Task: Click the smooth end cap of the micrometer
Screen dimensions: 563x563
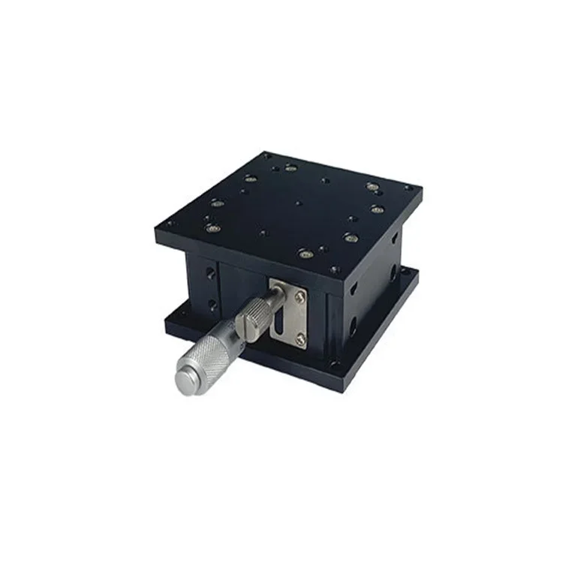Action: click(x=185, y=378)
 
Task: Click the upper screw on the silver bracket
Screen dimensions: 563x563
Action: click(x=300, y=298)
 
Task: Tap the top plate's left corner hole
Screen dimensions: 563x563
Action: click(x=168, y=223)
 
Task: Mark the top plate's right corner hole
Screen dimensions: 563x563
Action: click(x=408, y=187)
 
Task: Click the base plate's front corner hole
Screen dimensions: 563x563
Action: click(x=335, y=366)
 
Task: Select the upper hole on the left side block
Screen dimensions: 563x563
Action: click(x=211, y=274)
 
